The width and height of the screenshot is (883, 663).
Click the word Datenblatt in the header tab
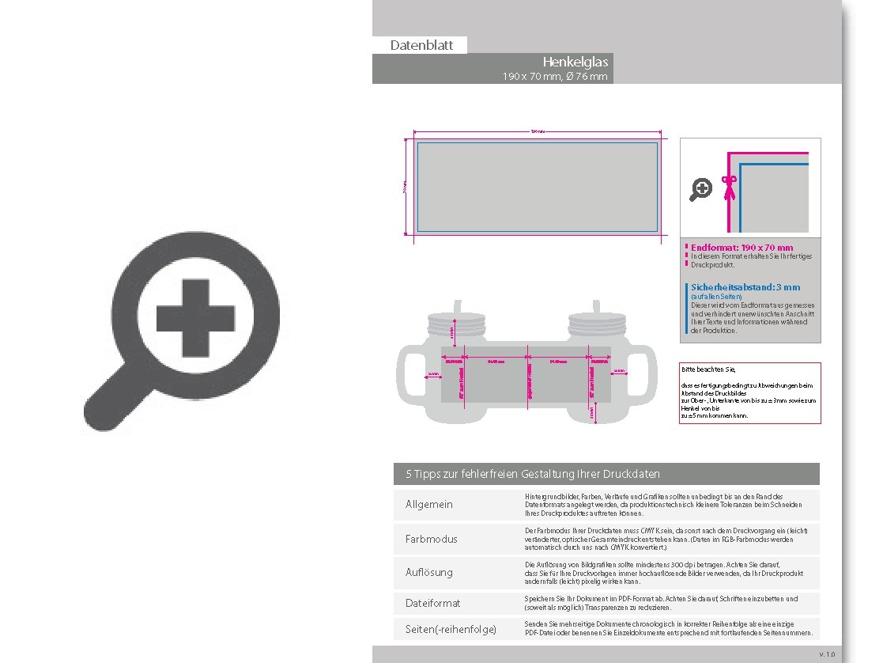[421, 45]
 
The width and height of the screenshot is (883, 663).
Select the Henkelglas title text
[575, 62]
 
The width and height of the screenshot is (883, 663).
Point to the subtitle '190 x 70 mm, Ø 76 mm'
[555, 77]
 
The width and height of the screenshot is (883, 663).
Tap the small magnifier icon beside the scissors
[701, 189]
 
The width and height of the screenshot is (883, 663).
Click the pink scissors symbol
[729, 184]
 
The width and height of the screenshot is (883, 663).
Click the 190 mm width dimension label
[537, 131]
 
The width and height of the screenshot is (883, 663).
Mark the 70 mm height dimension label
[404, 188]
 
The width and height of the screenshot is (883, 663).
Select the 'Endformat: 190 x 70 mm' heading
[741, 248]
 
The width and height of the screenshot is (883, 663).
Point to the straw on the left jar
[455, 307]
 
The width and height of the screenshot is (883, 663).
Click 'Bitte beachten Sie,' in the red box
[708, 369]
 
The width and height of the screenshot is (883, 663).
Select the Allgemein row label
[429, 505]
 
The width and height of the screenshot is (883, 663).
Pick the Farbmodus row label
[431, 539]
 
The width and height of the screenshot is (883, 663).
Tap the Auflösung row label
[429, 572]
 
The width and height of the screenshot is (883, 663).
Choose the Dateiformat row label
[432, 603]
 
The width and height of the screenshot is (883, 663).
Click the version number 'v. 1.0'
[826, 654]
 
